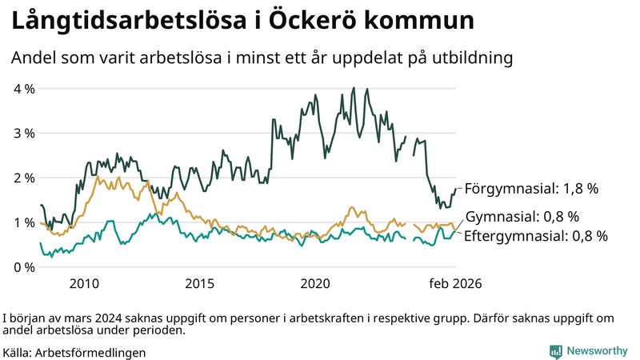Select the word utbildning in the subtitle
472,58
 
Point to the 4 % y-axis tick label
24,88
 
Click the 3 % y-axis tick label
24,133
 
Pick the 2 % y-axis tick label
24,178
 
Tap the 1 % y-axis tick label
24,222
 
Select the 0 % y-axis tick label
24,267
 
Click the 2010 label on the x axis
84,283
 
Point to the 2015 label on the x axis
199,283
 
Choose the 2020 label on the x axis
314,283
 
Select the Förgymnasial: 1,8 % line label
531,190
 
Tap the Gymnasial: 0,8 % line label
522,217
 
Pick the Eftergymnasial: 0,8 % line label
535,236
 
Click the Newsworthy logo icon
555,351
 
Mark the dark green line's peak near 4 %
354,89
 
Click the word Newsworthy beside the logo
597,351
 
